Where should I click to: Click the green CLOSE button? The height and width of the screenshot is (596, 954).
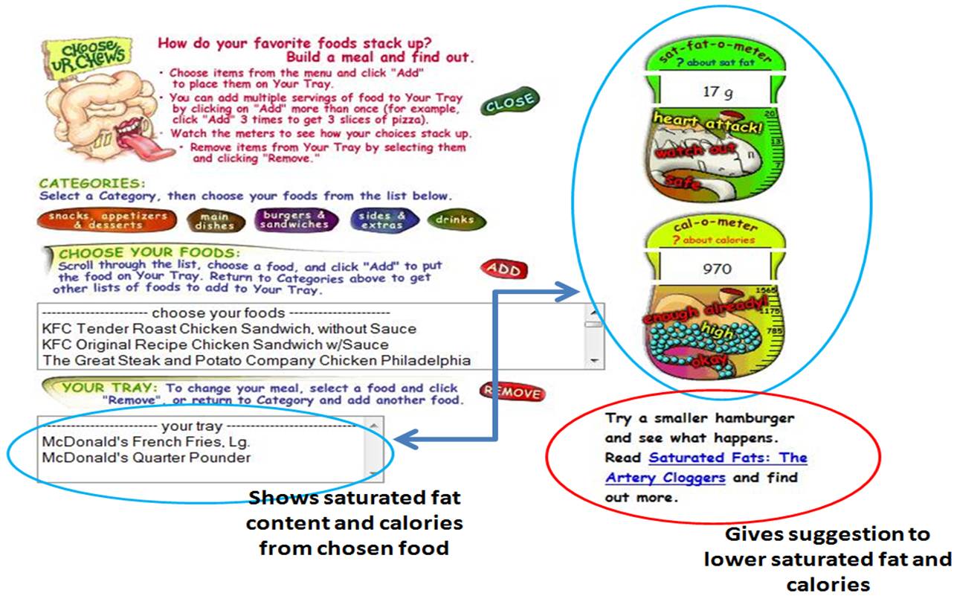(509, 103)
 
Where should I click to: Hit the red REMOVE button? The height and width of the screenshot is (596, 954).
(512, 391)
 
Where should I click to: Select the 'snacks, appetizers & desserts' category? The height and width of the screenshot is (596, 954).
(107, 220)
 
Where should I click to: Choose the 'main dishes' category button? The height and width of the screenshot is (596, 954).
(214, 220)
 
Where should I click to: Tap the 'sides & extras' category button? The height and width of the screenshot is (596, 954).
(381, 220)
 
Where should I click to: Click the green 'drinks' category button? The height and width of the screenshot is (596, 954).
(456, 220)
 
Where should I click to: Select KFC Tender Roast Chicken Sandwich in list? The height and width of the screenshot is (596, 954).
(229, 328)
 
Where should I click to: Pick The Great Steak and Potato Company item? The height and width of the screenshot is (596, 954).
(257, 360)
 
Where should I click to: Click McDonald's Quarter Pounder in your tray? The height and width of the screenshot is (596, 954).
(146, 458)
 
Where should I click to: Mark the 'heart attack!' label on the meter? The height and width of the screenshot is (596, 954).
(707, 124)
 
